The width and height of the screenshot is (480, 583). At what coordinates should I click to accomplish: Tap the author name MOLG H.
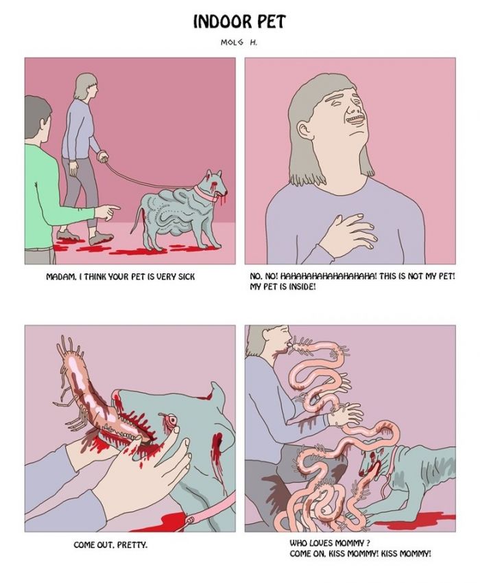click(239, 43)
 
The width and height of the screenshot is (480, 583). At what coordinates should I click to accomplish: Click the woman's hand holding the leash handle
click(101, 156)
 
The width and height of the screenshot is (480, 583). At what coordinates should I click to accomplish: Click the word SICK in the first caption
click(186, 277)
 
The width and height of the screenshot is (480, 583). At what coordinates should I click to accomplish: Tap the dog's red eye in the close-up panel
click(171, 420)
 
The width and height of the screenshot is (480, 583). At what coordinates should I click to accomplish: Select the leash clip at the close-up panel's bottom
click(191, 520)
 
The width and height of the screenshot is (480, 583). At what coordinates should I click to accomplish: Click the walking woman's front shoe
click(101, 238)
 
